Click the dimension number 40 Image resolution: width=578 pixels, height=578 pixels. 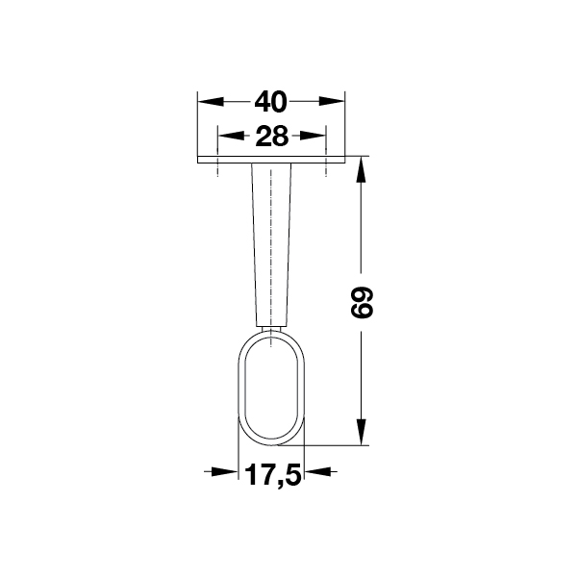(x=270, y=102)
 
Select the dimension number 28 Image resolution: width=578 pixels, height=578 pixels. (x=271, y=137)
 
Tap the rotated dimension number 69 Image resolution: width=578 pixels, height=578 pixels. (x=362, y=303)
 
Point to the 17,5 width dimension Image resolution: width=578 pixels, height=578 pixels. (x=273, y=475)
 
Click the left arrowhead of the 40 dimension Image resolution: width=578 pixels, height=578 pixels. (x=211, y=102)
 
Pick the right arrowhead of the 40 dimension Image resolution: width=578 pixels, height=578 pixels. (x=332, y=101)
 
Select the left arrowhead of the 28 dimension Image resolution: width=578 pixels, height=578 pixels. (x=231, y=136)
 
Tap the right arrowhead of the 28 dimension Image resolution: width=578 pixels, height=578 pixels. (x=313, y=136)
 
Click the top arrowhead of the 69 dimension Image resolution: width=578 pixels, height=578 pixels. (x=361, y=169)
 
